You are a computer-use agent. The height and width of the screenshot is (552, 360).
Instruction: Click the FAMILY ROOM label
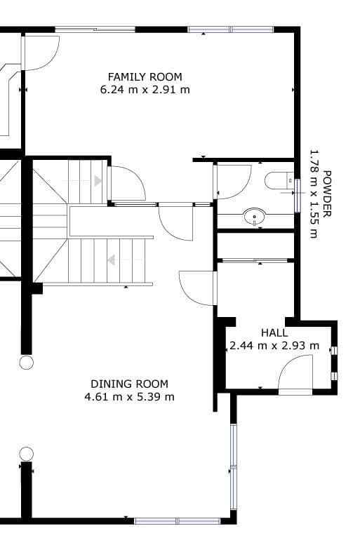pos(145,76)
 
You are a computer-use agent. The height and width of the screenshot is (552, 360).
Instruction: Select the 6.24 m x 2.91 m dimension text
pos(145,89)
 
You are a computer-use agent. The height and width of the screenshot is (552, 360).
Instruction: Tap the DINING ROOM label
pos(129,384)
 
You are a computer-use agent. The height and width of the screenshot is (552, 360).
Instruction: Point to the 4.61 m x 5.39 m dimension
pos(129,397)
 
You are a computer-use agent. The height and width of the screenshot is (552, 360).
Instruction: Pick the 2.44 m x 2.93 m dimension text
pos(274,345)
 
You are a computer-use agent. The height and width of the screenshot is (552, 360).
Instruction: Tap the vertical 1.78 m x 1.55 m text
pos(314,193)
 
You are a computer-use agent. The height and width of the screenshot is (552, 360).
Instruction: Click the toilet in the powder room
pos(279,181)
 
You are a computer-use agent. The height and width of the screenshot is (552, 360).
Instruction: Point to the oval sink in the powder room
pos(255,217)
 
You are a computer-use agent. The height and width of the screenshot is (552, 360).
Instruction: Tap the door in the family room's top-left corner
pos(41,53)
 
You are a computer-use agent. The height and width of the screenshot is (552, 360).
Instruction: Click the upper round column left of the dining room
pos(26,362)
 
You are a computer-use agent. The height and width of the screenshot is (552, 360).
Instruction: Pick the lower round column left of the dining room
pos(26,453)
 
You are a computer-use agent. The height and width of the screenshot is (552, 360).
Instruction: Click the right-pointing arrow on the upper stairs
pos(98,181)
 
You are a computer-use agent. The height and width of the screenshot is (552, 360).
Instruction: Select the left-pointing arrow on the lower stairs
pos(111,260)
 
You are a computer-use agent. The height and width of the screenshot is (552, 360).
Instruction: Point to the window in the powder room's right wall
pos(298,195)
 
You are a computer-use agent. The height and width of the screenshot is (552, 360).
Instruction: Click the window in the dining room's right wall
pos(234,466)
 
